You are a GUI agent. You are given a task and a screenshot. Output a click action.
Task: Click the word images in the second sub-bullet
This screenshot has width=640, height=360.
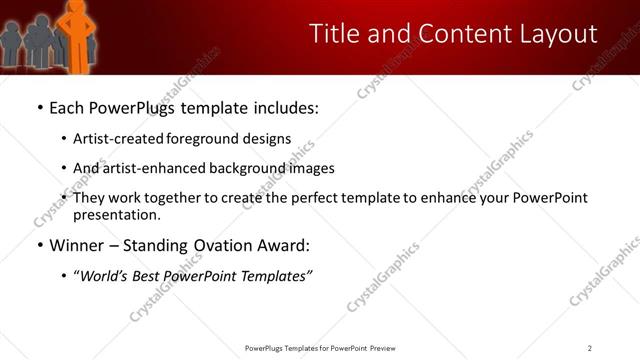click(x=312, y=168)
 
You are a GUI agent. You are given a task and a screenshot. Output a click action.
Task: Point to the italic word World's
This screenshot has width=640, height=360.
click(x=106, y=276)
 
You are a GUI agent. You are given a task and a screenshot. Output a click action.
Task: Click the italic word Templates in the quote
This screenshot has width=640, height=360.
click(x=276, y=276)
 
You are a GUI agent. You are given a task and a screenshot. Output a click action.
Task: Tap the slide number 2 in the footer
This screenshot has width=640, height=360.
click(x=590, y=348)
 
